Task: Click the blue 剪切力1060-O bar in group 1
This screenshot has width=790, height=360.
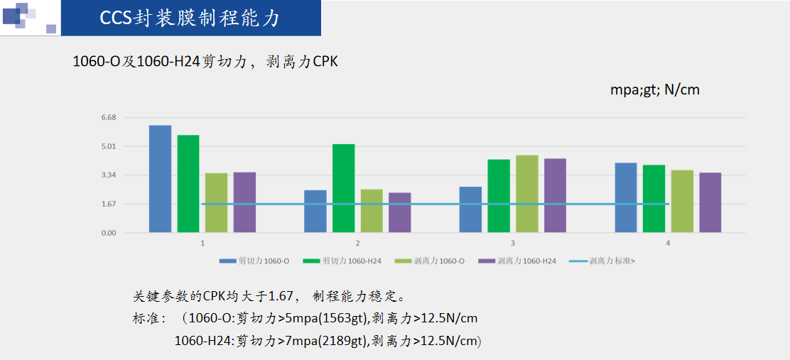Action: [x=160, y=179]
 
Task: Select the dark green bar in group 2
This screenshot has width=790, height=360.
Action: [x=344, y=188]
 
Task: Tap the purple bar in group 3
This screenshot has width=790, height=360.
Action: [x=555, y=195]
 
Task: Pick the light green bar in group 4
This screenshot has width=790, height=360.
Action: [x=682, y=201]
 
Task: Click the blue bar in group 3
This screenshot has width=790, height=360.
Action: [x=470, y=209]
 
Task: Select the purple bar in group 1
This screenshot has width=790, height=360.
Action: [x=244, y=202]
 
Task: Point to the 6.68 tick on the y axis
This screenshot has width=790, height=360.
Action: [x=109, y=117]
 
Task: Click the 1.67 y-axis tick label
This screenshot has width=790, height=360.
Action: [x=109, y=204]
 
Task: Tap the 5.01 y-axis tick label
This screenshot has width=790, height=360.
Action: [x=109, y=146]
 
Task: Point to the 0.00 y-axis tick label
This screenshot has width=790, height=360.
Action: [x=109, y=233]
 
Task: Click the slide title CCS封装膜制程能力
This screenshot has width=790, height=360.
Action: [x=189, y=18]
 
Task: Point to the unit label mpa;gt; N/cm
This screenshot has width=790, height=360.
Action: [x=655, y=90]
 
